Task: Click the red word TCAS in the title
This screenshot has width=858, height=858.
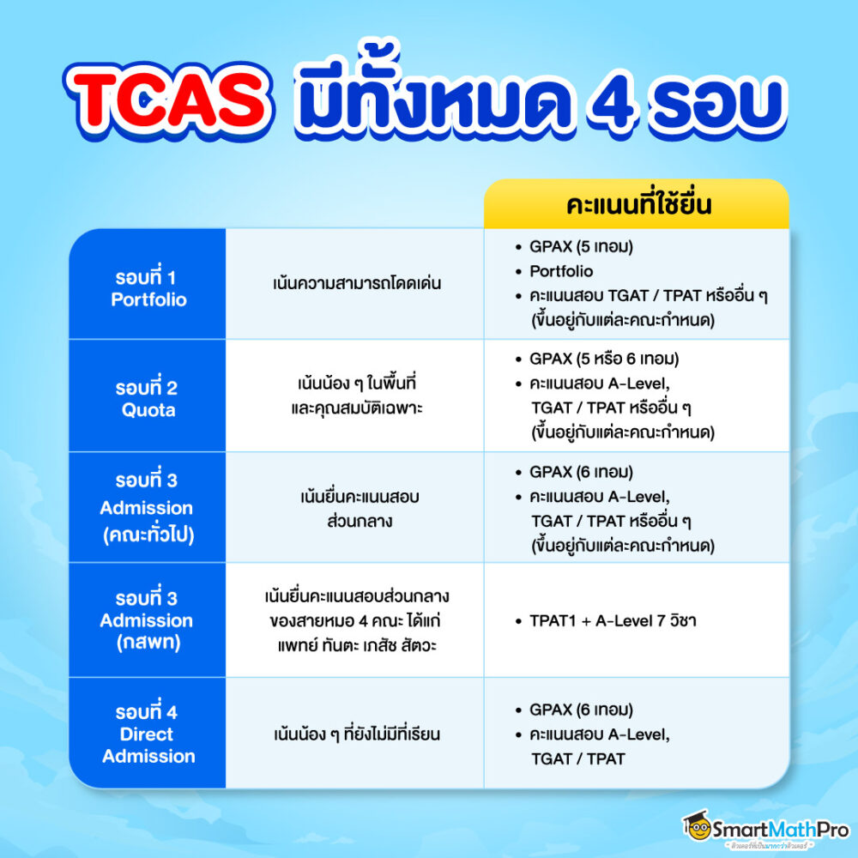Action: [170, 100]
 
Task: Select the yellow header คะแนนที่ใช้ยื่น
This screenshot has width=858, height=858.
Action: [638, 204]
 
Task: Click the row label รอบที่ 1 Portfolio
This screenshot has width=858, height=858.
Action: [148, 287]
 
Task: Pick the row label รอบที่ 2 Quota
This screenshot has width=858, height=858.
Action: [147, 398]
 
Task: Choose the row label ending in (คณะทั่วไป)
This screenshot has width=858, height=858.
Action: [147, 508]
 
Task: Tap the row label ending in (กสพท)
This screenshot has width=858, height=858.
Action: [147, 620]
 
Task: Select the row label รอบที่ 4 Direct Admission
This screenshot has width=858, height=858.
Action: [148, 734]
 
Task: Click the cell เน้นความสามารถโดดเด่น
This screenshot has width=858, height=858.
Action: [357, 283]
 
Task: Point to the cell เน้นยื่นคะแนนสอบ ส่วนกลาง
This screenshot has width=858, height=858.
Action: [360, 508]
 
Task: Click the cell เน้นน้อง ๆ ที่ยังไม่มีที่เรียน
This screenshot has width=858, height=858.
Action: [357, 734]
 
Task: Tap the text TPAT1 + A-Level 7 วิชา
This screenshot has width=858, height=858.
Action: [613, 620]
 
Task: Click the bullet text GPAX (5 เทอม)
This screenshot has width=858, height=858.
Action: [581, 247]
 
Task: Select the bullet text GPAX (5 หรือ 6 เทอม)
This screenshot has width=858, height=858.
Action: [604, 359]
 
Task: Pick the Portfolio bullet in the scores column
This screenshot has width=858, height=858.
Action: [561, 271]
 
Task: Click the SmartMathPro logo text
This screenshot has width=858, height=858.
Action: [780, 830]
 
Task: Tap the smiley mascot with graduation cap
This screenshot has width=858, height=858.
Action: [697, 825]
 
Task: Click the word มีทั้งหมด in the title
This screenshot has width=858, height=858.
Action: [432, 93]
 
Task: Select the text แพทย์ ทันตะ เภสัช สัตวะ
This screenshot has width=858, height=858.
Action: [357, 646]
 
